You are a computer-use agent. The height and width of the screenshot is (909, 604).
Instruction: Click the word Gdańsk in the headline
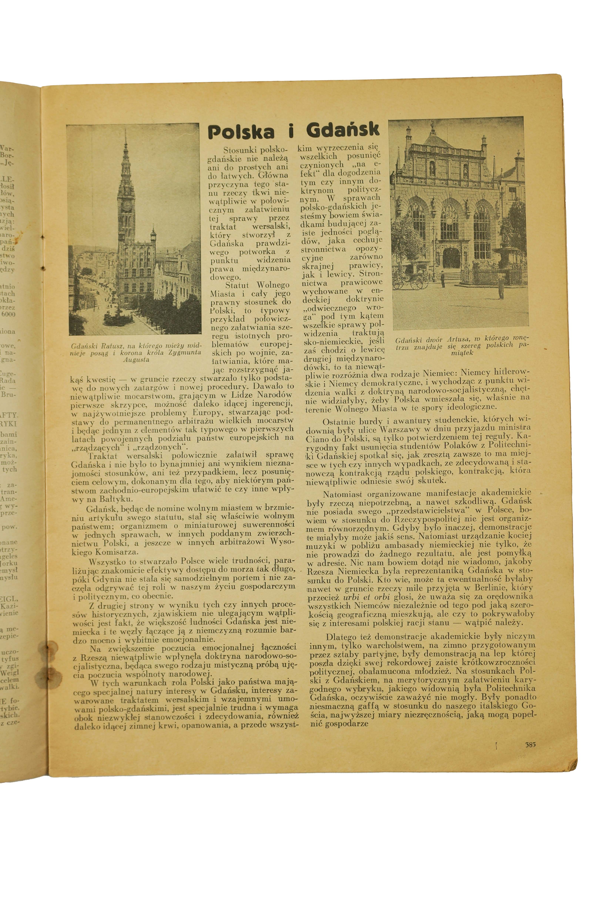(343, 130)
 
